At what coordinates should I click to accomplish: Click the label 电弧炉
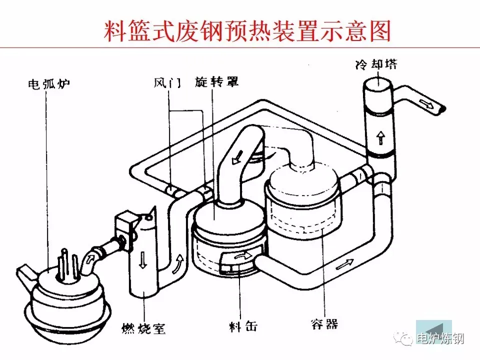tap(48, 83)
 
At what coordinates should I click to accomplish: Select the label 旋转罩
tap(216, 82)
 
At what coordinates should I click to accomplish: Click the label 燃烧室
tap(143, 328)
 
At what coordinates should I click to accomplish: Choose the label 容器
tap(324, 324)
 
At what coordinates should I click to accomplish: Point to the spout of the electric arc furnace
tap(25, 274)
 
